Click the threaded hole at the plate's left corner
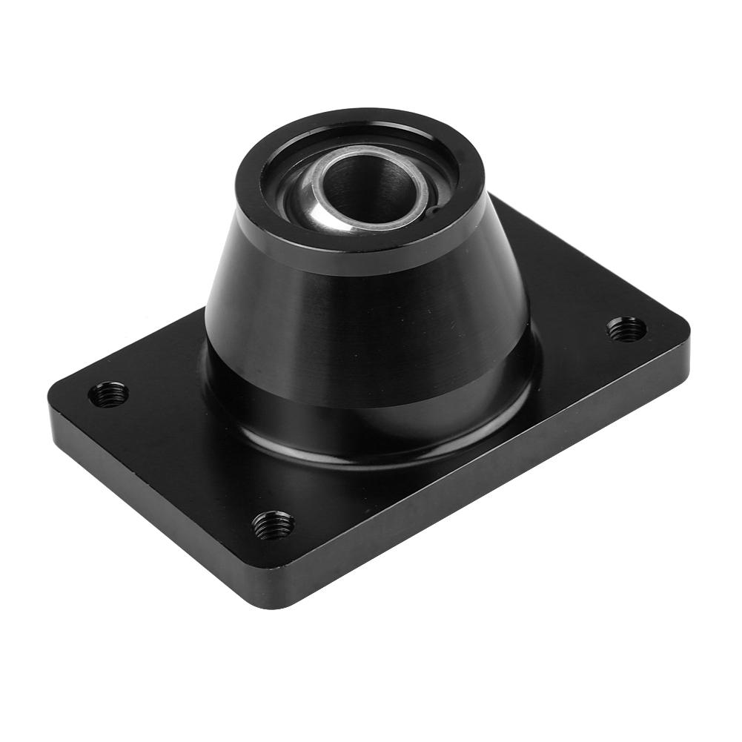tap(108, 394)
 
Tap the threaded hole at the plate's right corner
tap(626, 328)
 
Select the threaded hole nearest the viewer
tap(272, 525)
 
